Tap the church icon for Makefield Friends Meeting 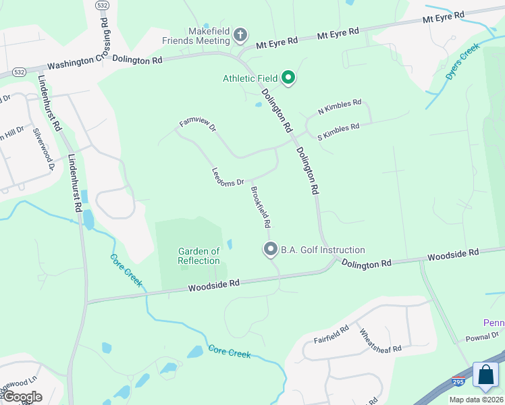point(239,34)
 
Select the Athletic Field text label point(250,78)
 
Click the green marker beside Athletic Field point(288,78)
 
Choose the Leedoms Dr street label point(228,178)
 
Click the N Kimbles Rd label point(340,107)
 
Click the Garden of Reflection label point(198,256)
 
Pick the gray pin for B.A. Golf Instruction point(270,250)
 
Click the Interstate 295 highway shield point(459,382)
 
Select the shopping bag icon point(485,374)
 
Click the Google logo point(22,397)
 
